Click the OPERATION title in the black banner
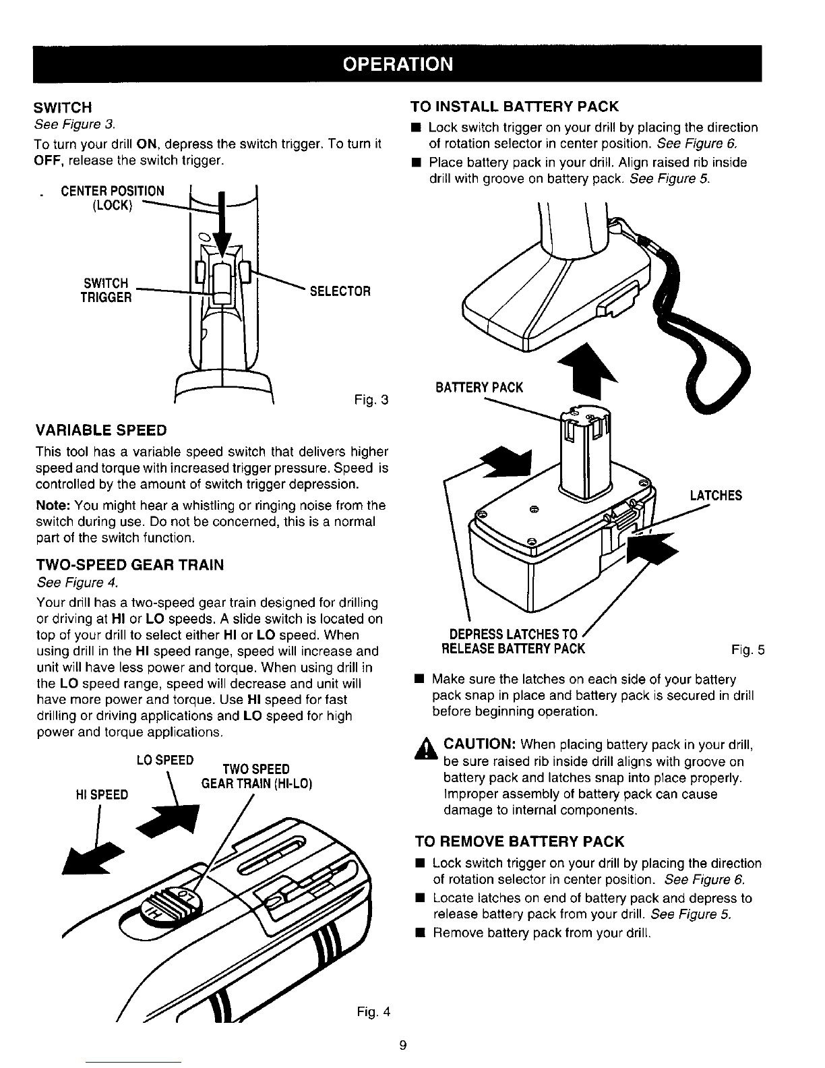(398, 64)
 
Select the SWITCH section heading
(63, 108)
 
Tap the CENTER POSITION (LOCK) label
(113, 198)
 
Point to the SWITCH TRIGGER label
(106, 290)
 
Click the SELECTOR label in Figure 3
(340, 291)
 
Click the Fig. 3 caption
(371, 400)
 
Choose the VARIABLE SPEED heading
(101, 431)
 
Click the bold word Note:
(53, 505)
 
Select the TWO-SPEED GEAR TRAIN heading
(129, 565)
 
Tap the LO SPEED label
(165, 761)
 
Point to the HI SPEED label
(102, 795)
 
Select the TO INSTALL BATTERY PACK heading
(514, 107)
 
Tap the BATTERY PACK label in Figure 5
(479, 388)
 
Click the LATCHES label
(715, 496)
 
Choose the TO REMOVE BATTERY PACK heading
(520, 841)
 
